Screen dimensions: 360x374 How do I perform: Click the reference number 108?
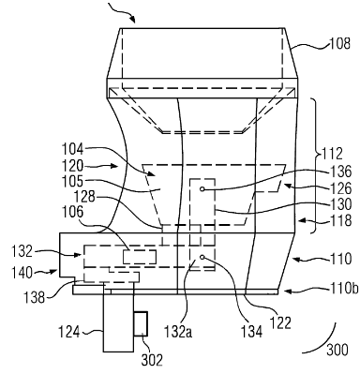click(x=340, y=43)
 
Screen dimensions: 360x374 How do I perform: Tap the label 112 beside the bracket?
click(x=331, y=154)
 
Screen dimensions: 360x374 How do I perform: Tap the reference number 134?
click(x=252, y=332)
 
